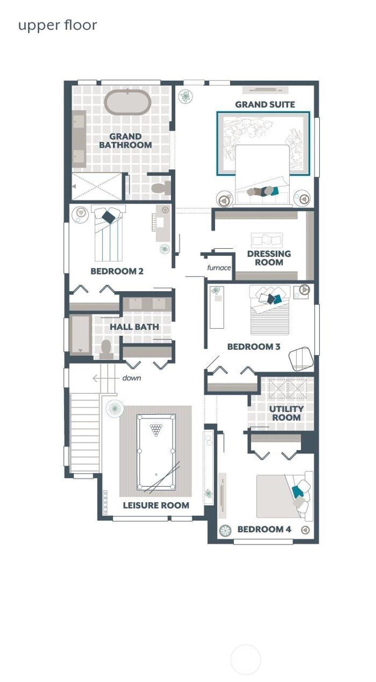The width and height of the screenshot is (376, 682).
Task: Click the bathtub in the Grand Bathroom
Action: (127, 102)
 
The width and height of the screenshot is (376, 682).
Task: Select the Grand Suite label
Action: (265, 105)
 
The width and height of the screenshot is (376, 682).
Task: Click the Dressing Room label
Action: (269, 258)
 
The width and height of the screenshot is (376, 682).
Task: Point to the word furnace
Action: (219, 268)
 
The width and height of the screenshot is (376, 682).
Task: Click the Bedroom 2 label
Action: (117, 271)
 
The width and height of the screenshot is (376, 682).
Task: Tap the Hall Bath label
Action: (134, 327)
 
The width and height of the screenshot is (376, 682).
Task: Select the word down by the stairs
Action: (131, 378)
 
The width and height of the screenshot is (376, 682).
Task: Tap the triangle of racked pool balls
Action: (156, 429)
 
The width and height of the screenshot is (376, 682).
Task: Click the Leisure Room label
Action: (156, 505)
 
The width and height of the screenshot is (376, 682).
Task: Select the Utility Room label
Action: (286, 413)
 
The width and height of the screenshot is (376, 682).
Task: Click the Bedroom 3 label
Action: (254, 347)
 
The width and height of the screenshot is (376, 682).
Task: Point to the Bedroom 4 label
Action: (264, 529)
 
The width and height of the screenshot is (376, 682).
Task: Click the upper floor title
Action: (58, 25)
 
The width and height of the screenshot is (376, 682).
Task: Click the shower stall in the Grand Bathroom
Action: (97, 186)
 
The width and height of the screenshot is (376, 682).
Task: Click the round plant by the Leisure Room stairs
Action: (115, 408)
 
